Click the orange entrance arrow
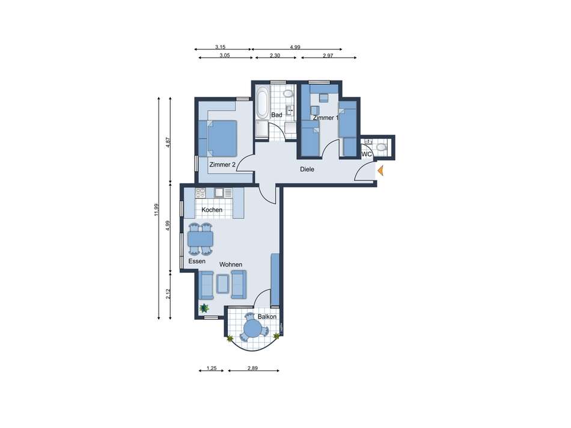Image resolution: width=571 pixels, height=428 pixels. tap(380, 171)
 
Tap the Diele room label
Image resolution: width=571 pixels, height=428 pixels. tap(307, 170)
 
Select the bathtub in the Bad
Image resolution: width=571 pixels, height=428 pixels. tap(262, 103)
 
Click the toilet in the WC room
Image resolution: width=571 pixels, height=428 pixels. tap(381, 147)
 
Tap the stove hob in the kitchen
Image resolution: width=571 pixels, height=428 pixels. tap(200, 193)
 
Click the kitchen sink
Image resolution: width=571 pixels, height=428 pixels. tap(219, 193)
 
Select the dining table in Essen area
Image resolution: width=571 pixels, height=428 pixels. tap(200, 239)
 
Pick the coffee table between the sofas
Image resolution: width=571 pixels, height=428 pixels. tap(222, 283)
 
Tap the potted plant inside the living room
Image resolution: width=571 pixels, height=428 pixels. tap(204, 308)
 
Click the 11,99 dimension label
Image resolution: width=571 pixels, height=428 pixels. tap(156, 210)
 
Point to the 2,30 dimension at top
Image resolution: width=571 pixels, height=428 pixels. tap(275, 56)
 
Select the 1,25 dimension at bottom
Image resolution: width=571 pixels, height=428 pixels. tap(211, 368)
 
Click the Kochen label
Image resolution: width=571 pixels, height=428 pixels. tap(212, 210)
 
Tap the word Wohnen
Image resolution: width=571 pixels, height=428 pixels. tap(231, 264)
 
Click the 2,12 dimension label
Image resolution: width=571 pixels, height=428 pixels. tap(168, 293)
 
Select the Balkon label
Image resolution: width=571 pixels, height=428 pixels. tap(267, 317)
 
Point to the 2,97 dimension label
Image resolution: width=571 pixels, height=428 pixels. tap(328, 56)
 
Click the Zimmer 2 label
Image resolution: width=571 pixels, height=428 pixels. tap(222, 165)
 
